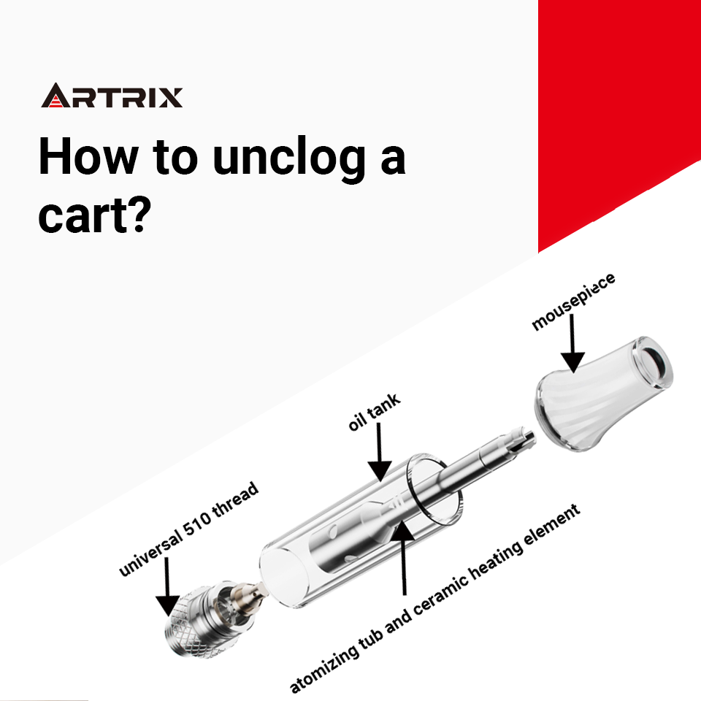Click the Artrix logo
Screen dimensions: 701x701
(112, 95)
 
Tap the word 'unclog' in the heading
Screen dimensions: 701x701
(289, 159)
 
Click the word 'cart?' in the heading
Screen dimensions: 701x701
(95, 215)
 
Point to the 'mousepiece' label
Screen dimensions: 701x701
(573, 302)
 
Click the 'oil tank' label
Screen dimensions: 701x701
(374, 412)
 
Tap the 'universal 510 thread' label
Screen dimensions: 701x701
(188, 529)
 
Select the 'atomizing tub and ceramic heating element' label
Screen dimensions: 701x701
(434, 599)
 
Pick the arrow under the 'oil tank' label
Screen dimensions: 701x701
(379, 452)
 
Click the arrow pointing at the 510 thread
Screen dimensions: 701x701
(166, 587)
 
